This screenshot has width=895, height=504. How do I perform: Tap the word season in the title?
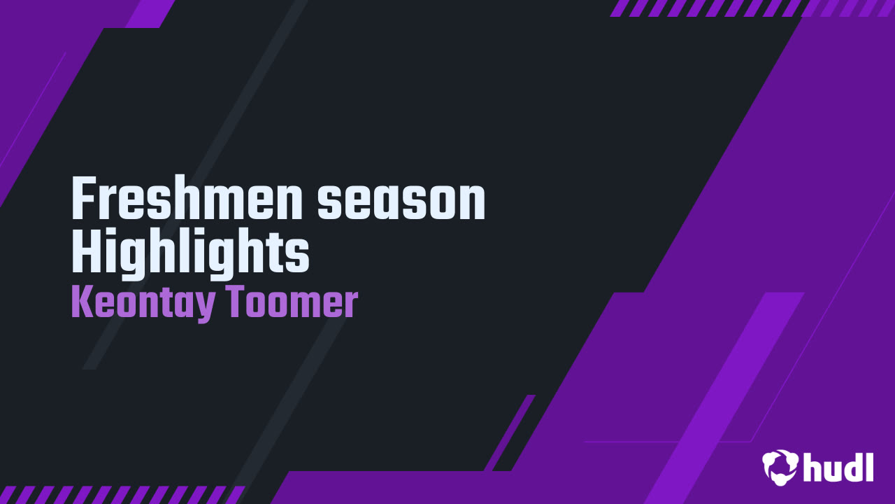(x=401, y=200)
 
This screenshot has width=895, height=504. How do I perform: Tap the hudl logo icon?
(x=780, y=466)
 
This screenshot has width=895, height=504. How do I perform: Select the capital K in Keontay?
(x=83, y=302)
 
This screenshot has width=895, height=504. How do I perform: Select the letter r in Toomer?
(x=352, y=307)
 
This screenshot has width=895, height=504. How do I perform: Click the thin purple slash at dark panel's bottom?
(x=510, y=432)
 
